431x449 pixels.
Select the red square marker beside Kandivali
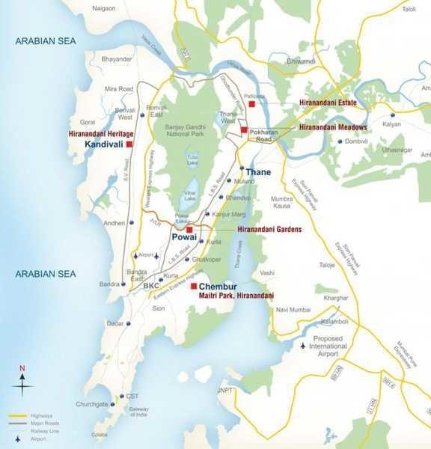(129, 143)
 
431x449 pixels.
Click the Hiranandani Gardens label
(269, 230)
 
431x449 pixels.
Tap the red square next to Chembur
(193, 287)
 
